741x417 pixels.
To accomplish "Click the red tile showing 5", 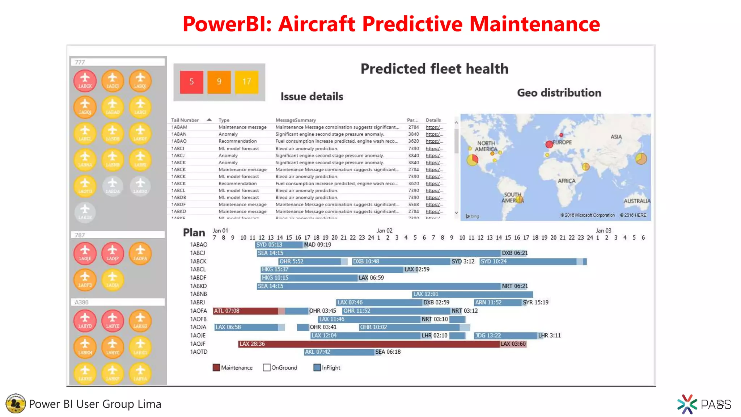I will tap(191, 82).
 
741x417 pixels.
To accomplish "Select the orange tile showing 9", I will tap(219, 82).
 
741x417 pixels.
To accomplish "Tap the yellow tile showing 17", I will tap(247, 82).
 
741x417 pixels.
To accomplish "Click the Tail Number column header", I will tap(185, 120).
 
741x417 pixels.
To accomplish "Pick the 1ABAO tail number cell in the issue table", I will tap(179, 141).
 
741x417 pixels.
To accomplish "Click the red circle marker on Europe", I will tap(549, 144).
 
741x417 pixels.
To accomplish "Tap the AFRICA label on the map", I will tap(566, 181).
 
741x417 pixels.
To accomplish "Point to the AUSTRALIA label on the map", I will tap(636, 201).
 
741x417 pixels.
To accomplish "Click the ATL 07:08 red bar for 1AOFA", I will tap(245, 311).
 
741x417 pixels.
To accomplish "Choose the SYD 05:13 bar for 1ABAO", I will tap(279, 245).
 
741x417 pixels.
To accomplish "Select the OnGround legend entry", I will tap(280, 368).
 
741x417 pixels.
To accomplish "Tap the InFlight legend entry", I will tap(327, 368).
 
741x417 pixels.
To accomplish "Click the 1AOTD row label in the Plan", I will tap(199, 352).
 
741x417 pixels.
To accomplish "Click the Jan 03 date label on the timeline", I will tap(604, 231).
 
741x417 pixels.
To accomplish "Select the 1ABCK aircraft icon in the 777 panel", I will tap(85, 81).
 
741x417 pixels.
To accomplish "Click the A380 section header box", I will tap(118, 302).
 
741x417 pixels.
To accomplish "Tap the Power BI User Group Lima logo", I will tap(16, 404).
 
